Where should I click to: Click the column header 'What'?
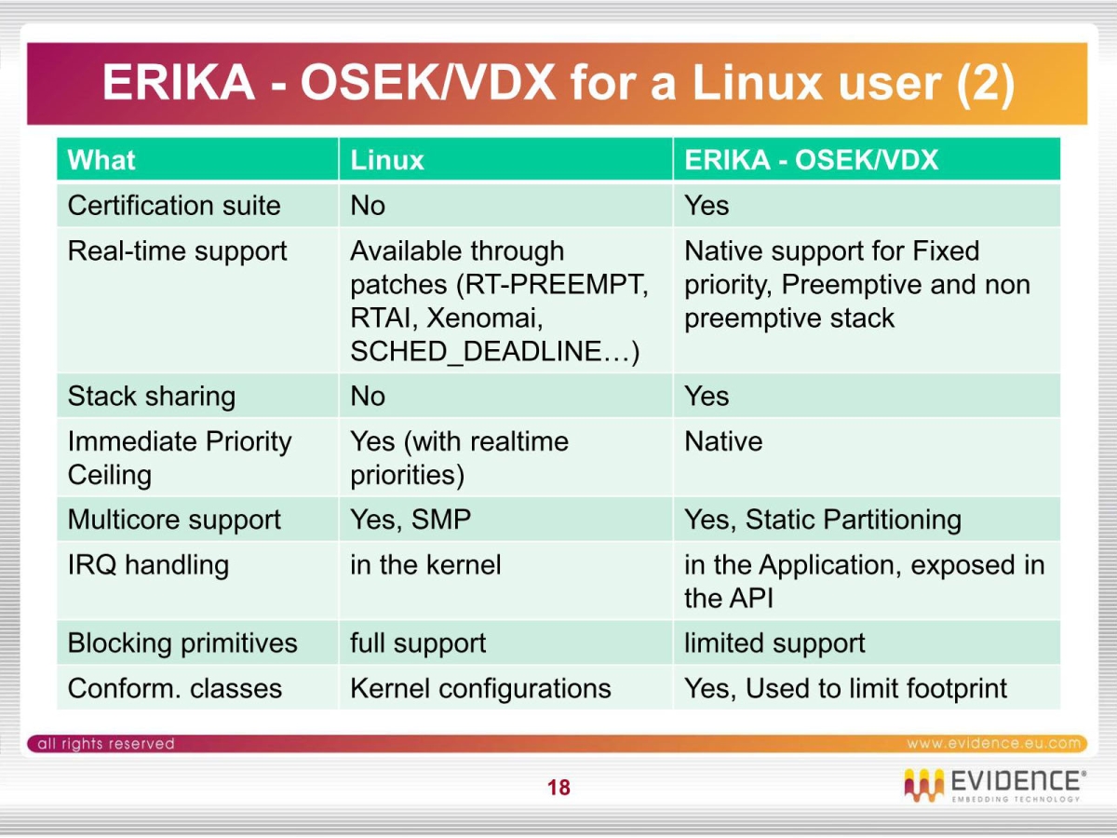[101, 160]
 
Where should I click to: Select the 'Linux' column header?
[387, 160]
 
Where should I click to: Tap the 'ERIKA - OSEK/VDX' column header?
[812, 160]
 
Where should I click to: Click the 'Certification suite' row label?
[174, 206]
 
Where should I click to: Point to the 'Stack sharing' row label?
[152, 397]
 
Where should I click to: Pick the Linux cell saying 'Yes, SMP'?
[410, 520]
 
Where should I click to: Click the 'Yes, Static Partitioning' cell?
[823, 520]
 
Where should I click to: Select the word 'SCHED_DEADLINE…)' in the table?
[494, 352]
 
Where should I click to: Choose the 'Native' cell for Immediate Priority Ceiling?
[723, 441]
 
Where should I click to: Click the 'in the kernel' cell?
[425, 565]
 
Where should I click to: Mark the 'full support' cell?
[418, 643]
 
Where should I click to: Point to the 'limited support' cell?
[774, 643]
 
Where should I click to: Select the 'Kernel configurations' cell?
[480, 689]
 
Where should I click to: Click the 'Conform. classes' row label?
[175, 689]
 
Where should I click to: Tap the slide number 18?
[558, 788]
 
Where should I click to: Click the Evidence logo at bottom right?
[993, 785]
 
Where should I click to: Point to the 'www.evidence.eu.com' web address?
[994, 743]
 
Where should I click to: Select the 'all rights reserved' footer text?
[105, 743]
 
